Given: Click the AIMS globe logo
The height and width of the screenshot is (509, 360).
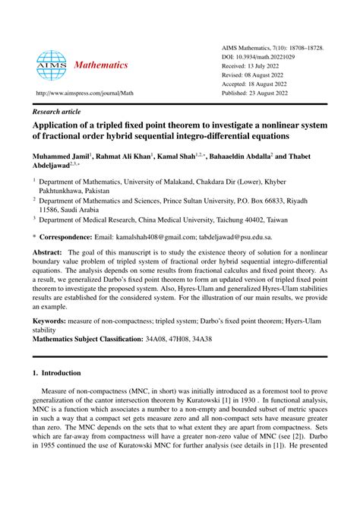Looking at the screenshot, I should tap(52, 65).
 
